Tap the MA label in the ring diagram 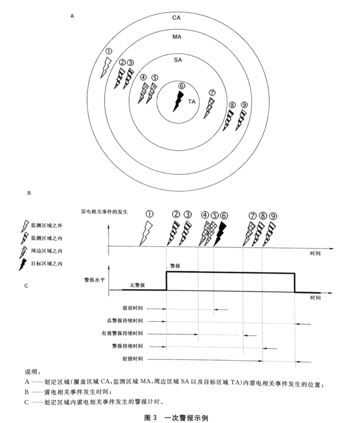tap(179, 38)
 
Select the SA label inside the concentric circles tap(179, 60)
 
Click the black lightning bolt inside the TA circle tap(178, 101)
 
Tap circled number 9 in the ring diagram tap(244, 105)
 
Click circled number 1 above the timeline tap(150, 213)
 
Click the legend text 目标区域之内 tap(46, 263)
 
